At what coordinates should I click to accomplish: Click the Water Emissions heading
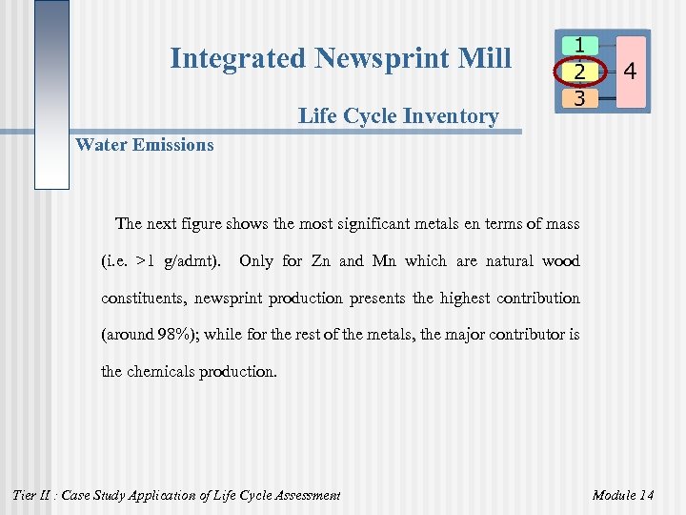click(x=145, y=145)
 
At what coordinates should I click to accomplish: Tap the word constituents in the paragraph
click(x=144, y=298)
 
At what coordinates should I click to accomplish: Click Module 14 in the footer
click(x=623, y=495)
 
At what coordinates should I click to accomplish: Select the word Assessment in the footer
click(x=304, y=495)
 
